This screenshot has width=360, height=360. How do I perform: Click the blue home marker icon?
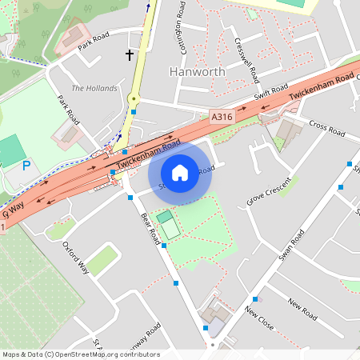click(180, 172)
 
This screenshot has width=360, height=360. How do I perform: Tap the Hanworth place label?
click(198, 71)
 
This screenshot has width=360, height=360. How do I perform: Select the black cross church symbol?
click(130, 54)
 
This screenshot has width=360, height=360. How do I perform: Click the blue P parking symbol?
click(26, 166)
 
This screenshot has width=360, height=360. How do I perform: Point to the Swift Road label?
click(271, 93)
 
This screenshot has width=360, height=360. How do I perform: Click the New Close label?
click(259, 316)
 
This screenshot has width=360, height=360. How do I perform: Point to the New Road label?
click(303, 305)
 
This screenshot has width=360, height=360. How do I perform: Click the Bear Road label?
click(150, 228)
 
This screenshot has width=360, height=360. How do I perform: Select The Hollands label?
click(94, 88)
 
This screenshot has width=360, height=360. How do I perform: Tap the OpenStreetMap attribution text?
click(81, 354)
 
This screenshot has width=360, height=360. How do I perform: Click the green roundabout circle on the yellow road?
click(134, 99)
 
